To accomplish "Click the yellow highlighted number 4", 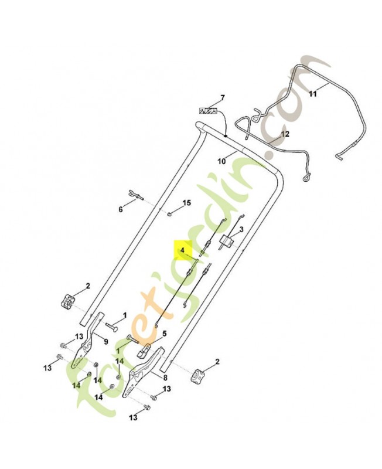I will click(183, 250).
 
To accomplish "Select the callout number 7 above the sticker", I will click(222, 97).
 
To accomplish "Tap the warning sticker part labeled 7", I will click(209, 110).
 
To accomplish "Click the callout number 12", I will click(285, 134).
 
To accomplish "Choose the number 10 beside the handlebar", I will click(221, 160).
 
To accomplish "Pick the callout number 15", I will click(186, 203).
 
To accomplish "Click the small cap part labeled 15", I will click(168, 213).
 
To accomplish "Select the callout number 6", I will click(121, 209).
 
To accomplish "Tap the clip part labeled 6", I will click(135, 195).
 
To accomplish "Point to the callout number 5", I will click(164, 334).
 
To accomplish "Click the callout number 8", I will click(165, 378).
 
